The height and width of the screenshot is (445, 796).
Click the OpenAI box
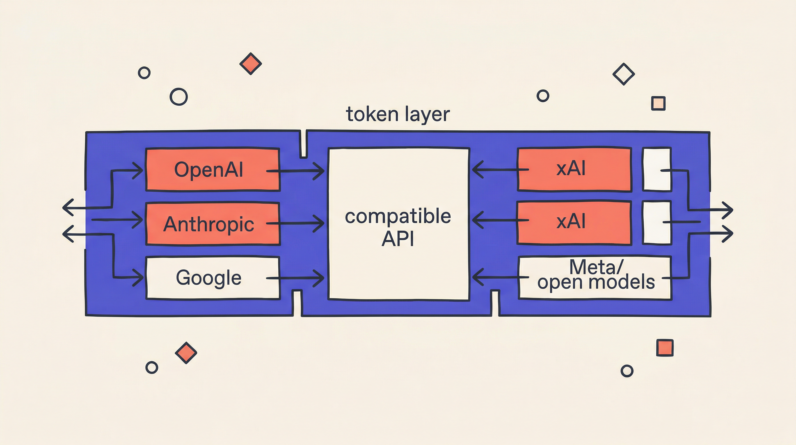point(213,170)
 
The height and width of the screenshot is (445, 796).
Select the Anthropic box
point(213,223)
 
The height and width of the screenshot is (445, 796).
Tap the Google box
point(213,278)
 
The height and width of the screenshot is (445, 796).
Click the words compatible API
point(398,227)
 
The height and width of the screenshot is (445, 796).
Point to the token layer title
point(398,114)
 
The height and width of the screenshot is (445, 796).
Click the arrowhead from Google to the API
point(320,278)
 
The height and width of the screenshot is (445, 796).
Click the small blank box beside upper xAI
point(657,169)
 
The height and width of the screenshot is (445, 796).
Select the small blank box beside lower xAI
point(657,223)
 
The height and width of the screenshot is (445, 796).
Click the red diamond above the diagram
point(251,64)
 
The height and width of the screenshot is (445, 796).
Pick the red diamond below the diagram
point(186,353)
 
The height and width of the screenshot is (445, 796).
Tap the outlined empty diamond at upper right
point(624,74)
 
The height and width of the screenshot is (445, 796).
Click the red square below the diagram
point(665,348)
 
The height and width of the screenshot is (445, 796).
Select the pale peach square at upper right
point(658,103)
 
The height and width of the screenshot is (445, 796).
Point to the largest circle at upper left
point(179,97)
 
